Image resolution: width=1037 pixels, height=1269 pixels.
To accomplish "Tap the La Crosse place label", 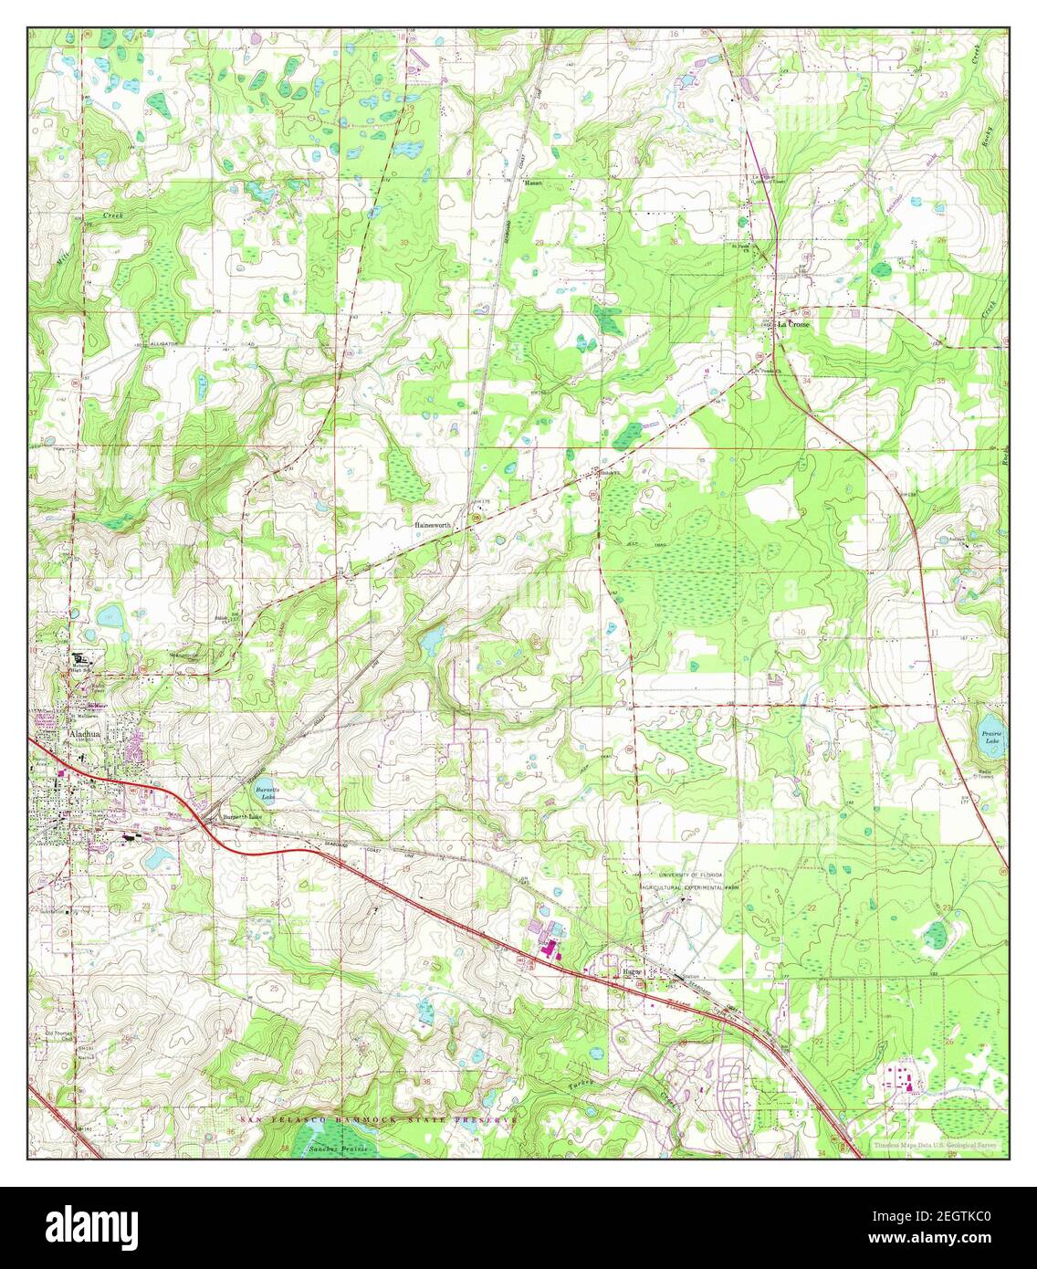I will click(x=793, y=324).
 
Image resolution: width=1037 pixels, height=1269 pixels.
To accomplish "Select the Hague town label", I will click(x=634, y=972).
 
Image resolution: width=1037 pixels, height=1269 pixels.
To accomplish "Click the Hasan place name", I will click(x=533, y=183).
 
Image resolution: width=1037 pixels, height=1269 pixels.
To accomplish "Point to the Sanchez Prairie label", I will click(x=338, y=1148).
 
